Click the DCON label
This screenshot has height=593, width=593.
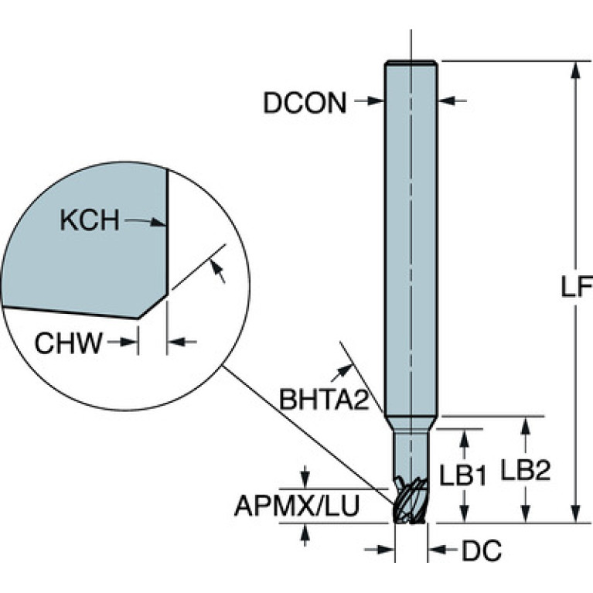coord(305,103)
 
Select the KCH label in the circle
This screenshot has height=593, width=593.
coord(90,220)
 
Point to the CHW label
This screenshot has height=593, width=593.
coord(69,343)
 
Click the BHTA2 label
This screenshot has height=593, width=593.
coord(324,400)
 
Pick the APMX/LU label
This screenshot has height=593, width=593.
coord(297,506)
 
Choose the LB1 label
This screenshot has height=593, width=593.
coord(462,475)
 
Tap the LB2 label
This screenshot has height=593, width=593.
coord(526,470)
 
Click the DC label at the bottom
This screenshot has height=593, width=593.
coord(482,550)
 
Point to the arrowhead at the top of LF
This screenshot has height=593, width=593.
coord(575,70)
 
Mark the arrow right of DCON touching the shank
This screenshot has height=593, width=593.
coord(452,101)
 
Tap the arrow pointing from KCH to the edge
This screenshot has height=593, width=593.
coord(146,221)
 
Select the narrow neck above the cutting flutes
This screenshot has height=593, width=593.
coord(411,453)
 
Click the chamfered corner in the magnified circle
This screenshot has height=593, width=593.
coord(153,306)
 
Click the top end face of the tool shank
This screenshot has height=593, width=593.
coord(411,63)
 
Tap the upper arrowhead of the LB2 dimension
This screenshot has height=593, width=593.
coord(525,425)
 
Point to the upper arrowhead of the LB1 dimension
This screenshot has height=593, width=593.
coord(465,438)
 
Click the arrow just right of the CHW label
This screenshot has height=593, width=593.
coord(122,343)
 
